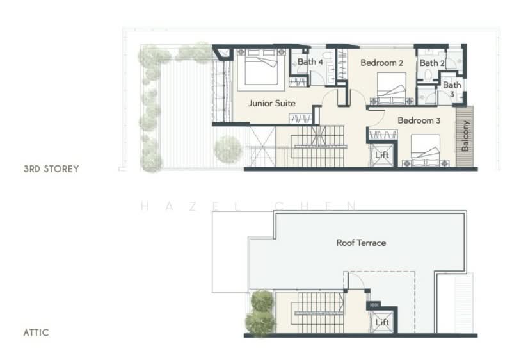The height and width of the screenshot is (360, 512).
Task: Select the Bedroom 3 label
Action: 419,120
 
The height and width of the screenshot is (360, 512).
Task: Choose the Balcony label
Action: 465,138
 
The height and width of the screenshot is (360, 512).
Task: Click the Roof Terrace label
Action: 361,243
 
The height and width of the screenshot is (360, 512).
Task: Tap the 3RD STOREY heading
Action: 51,169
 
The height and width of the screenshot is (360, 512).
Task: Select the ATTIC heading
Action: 36,333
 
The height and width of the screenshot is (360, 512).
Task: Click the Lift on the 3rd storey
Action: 382,156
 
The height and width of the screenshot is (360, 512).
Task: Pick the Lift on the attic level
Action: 382,322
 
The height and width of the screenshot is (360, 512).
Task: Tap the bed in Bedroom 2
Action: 391,88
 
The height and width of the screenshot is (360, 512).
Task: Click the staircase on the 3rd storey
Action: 318,144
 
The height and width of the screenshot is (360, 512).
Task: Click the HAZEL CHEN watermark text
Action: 248,206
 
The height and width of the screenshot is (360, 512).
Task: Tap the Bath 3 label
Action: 452,89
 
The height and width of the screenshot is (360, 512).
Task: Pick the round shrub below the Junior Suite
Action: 228,149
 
